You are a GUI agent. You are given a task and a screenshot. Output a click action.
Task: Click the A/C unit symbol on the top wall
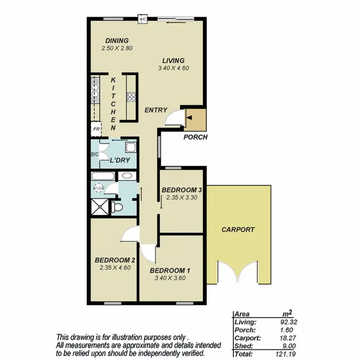pos(143,20)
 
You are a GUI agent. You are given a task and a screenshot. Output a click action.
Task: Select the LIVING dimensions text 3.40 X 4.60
pos(173,68)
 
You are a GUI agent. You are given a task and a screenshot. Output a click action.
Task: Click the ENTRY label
pos(156,110)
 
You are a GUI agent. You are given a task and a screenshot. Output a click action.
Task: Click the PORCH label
pos(196,137)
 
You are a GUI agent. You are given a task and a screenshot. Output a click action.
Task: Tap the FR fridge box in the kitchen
pos(96,129)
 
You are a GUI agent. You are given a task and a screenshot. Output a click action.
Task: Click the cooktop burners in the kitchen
pos(131,96)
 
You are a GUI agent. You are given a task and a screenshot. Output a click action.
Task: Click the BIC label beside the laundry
pos(95,155)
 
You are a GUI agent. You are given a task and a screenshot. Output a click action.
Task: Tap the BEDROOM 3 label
pos(181,190)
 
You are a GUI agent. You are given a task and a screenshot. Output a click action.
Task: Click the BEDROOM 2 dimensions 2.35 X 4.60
pos(114,267)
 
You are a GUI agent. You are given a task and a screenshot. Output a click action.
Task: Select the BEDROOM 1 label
pos(170,270)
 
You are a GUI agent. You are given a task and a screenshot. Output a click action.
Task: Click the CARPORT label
pos(238,229)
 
